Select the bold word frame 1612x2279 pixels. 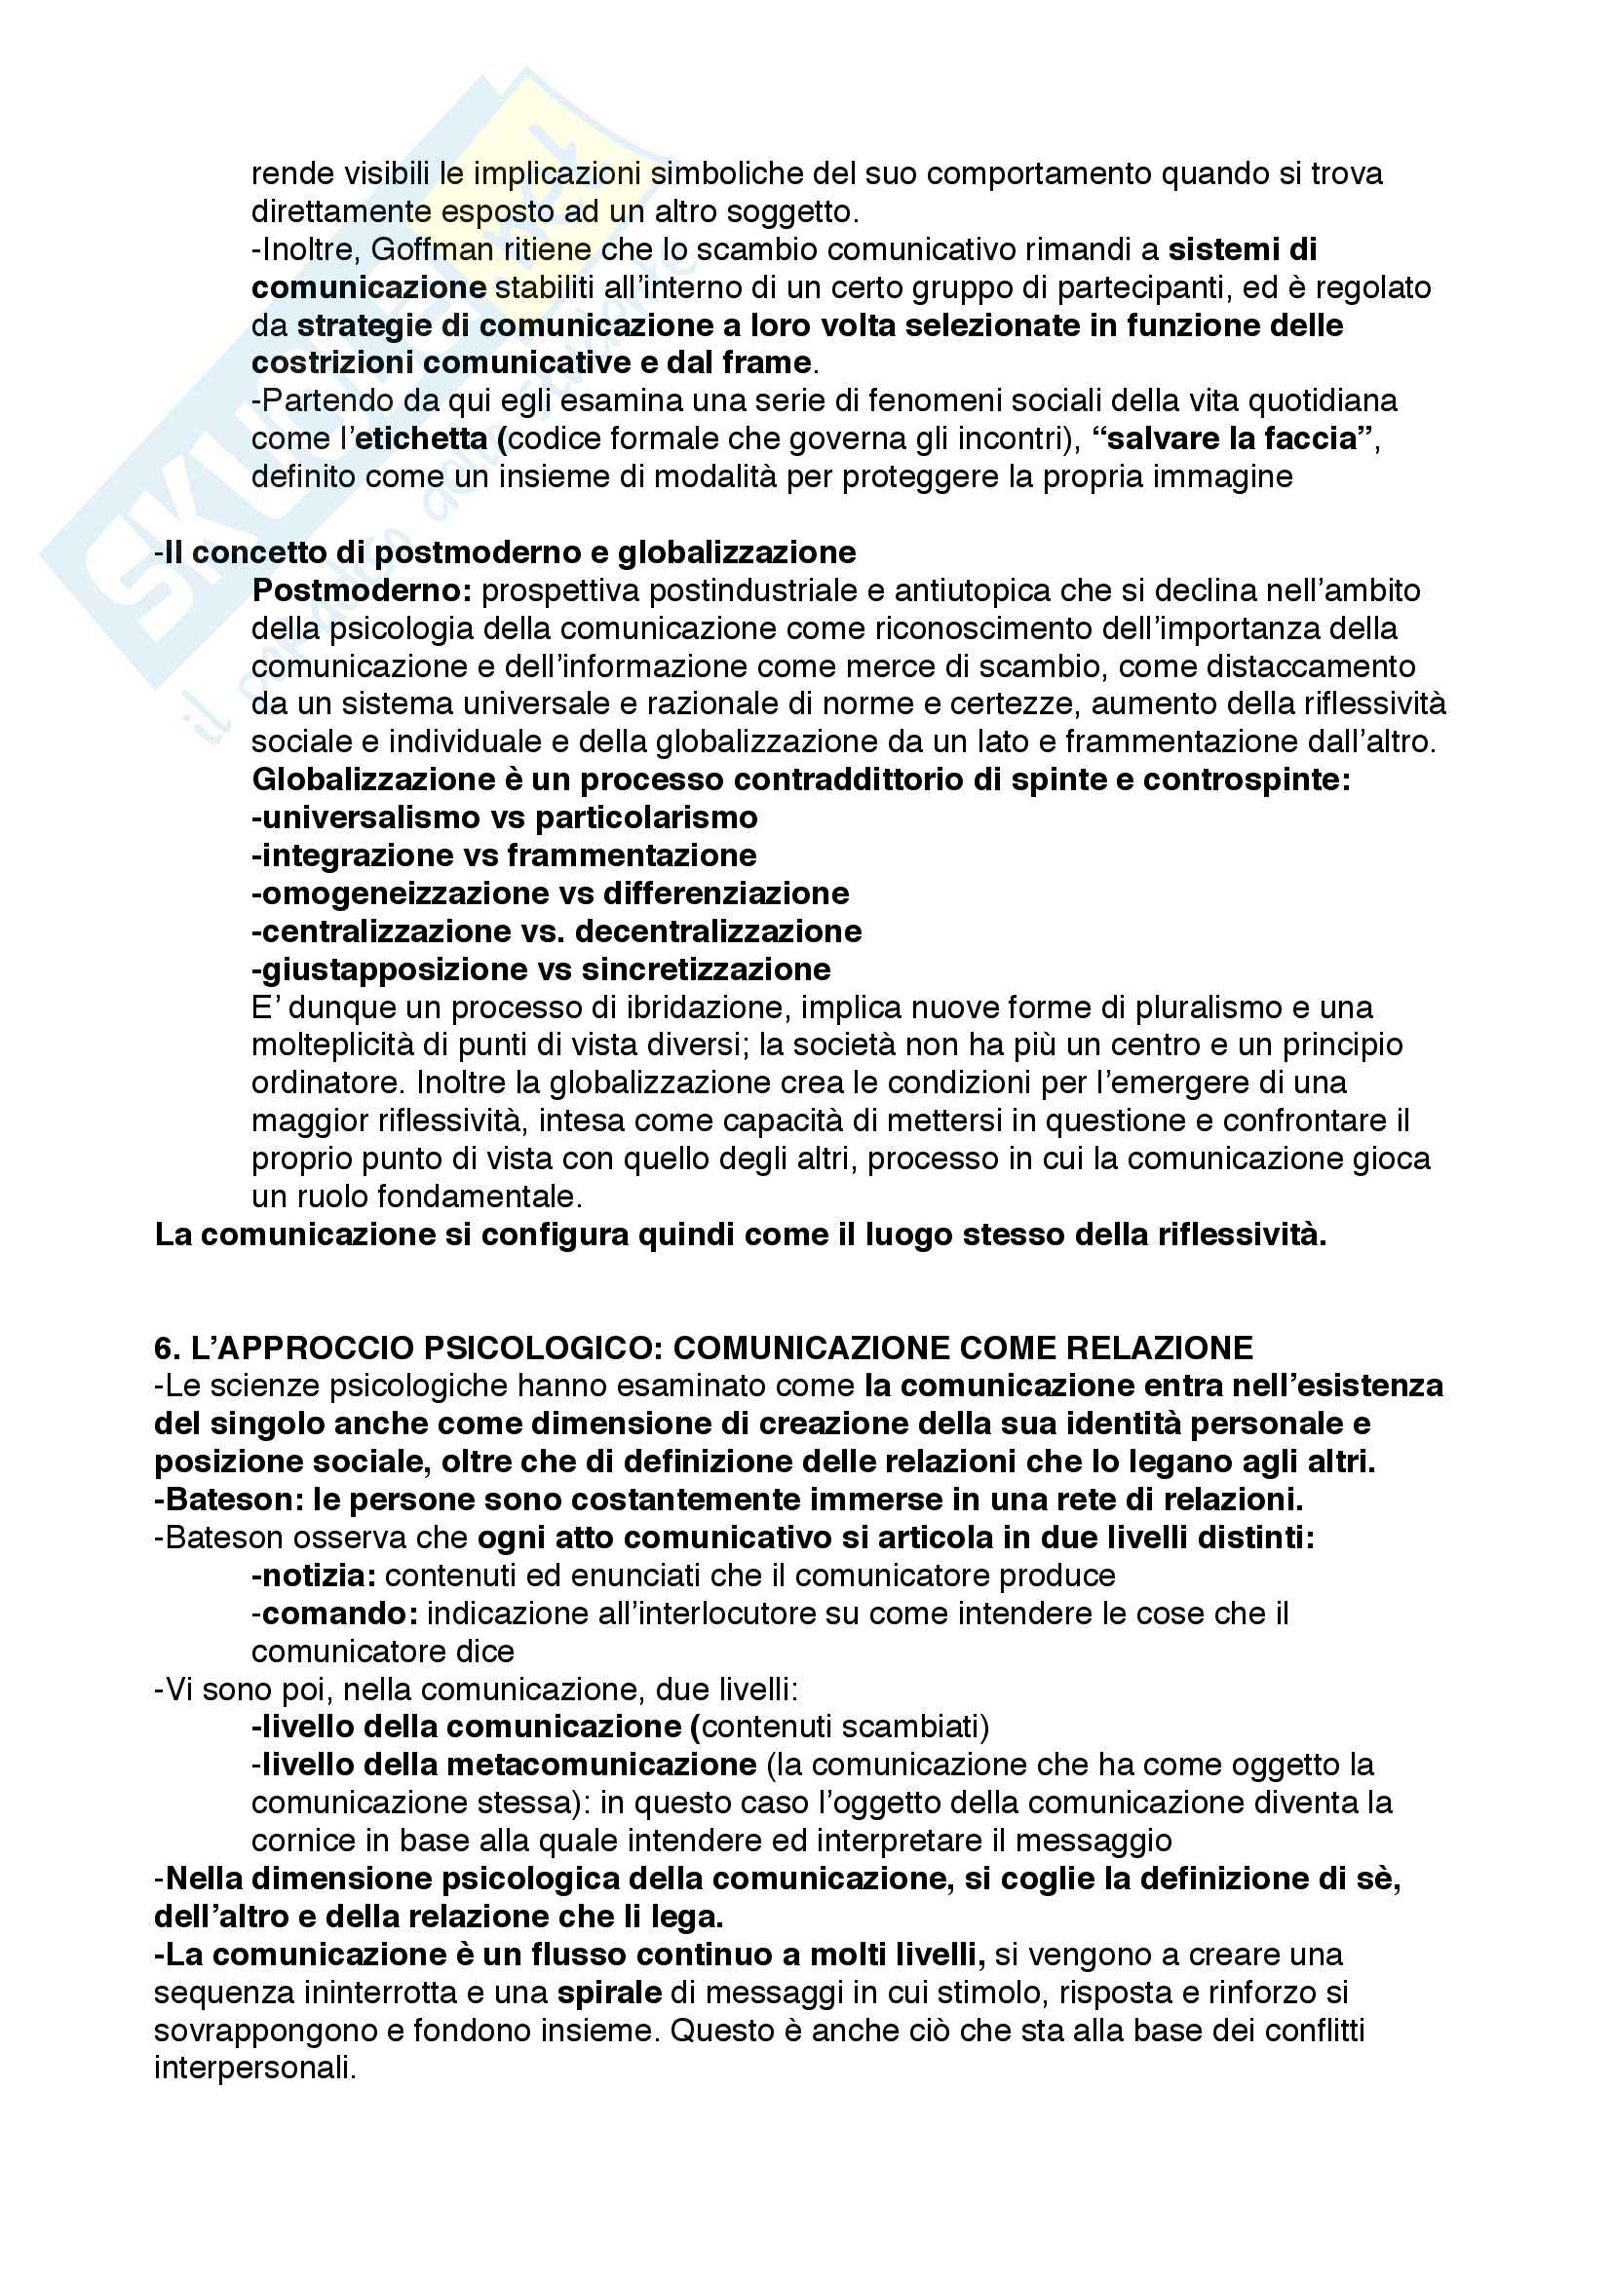coord(768,362)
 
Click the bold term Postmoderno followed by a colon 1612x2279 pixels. coord(363,590)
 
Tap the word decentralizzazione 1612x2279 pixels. coord(717,931)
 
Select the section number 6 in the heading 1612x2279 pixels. coord(163,1348)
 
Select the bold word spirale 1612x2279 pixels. coord(609,1993)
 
